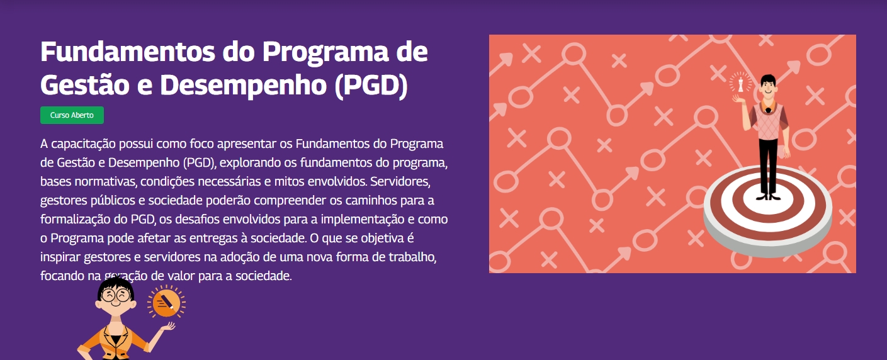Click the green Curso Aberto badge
pyautogui.click(x=72, y=115)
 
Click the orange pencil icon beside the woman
pyautogui.click(x=166, y=303)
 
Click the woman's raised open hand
pyautogui.click(x=168, y=327)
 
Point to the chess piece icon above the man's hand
pyautogui.click(x=741, y=82)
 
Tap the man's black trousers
pyautogui.click(x=767, y=164)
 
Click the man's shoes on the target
pyautogui.click(x=767, y=196)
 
